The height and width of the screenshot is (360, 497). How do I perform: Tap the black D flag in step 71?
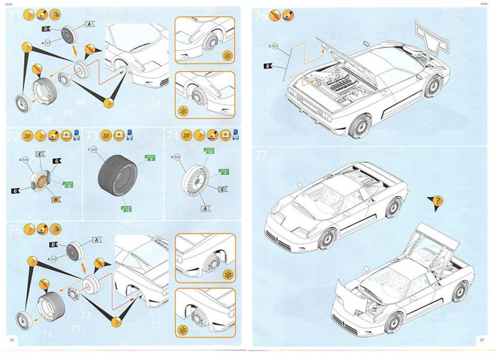click(x=46, y=29)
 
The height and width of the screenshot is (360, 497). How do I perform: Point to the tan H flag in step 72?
click(x=56, y=199)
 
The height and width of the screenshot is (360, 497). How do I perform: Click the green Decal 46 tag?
click(x=69, y=184)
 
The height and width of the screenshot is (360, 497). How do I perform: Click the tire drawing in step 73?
click(x=119, y=180)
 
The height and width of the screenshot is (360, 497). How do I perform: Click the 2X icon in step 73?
click(x=106, y=135)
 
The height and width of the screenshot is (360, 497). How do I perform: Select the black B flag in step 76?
click(x=268, y=65)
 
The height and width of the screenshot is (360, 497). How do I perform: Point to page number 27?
click(x=481, y=340)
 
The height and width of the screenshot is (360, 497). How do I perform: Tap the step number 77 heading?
click(x=262, y=156)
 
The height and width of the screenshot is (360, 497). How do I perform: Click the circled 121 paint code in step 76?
click(x=273, y=47)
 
